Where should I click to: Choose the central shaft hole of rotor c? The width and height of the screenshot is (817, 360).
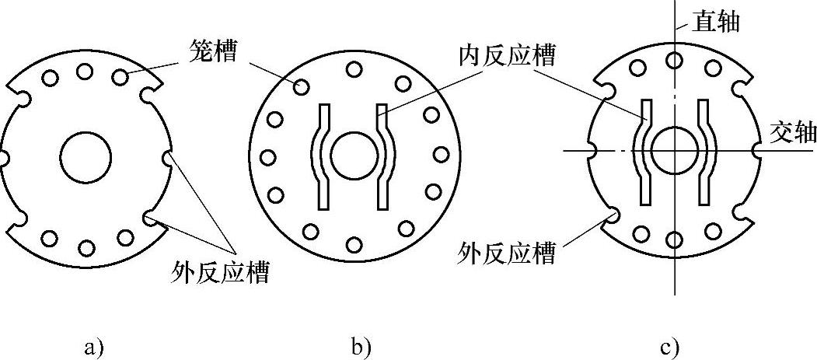coord(674,150)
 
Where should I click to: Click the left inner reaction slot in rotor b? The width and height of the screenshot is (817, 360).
coord(321,156)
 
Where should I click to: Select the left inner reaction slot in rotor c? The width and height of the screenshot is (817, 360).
coord(644,152)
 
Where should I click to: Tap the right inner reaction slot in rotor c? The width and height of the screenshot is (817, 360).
coord(704,152)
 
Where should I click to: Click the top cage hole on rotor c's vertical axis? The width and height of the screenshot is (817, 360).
coord(675,60)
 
